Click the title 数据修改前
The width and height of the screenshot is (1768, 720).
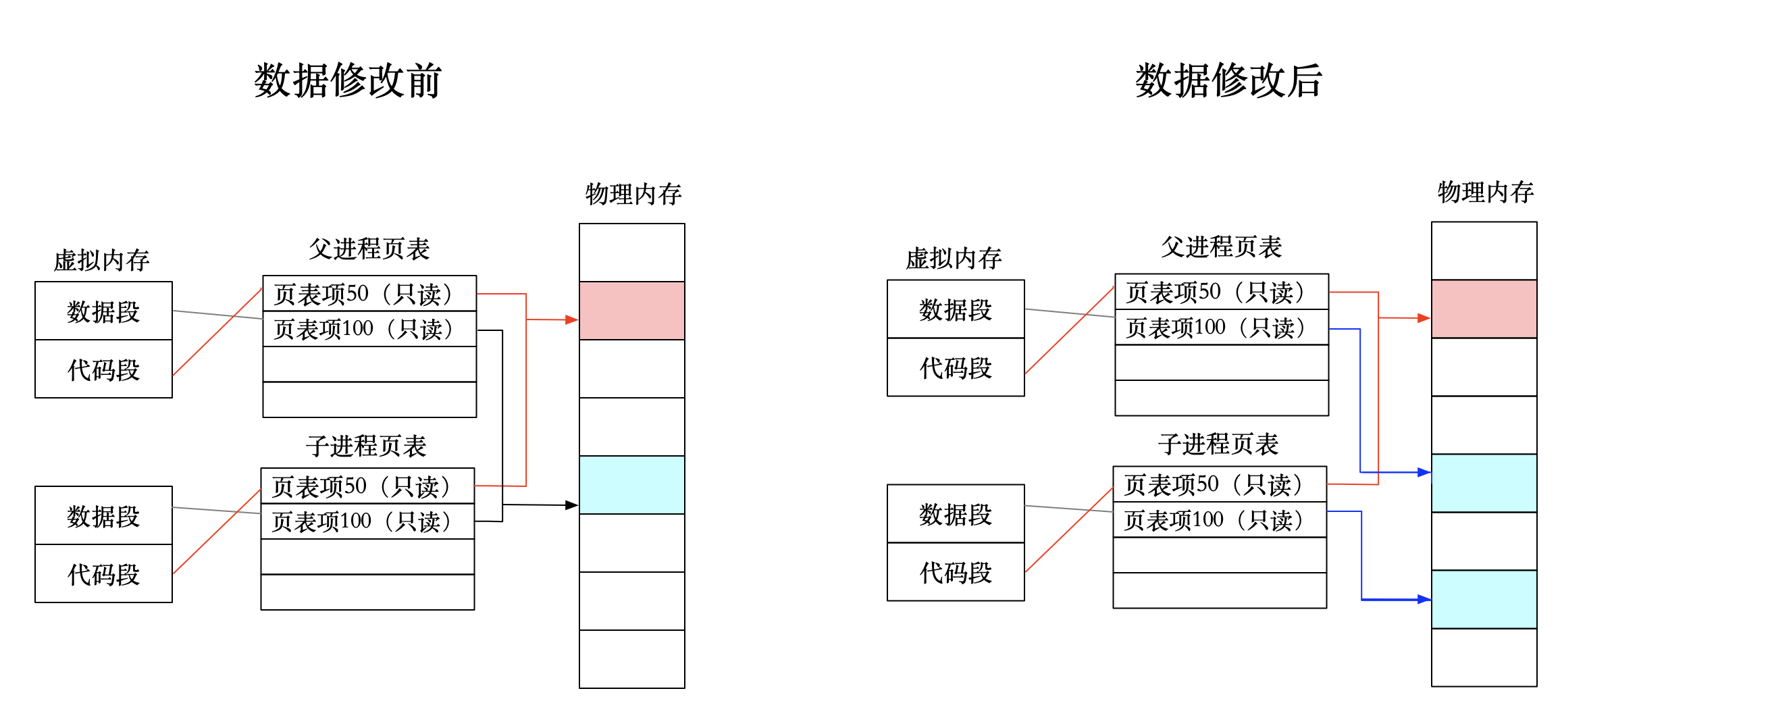[x=347, y=81]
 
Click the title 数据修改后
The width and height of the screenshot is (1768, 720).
[x=1228, y=81]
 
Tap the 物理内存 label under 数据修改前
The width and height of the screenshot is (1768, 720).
[x=633, y=195]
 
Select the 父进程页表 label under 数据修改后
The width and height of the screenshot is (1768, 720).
[x=1221, y=247]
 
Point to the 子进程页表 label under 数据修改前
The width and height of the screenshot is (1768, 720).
[x=367, y=446]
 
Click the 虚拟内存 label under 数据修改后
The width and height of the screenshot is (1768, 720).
[x=954, y=259]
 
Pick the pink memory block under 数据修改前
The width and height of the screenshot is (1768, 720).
[x=631, y=310]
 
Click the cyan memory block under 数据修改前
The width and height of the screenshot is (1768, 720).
[x=631, y=484]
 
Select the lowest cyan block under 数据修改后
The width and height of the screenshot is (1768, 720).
[x=1484, y=599]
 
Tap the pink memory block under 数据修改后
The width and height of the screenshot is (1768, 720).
[x=1484, y=309]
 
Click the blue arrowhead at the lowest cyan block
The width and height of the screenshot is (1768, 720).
[x=1424, y=599]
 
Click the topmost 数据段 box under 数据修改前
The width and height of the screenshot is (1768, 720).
[x=103, y=311]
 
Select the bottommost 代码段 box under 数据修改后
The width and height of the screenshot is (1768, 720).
[x=956, y=573]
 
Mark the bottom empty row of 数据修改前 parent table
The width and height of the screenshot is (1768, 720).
[x=369, y=399]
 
